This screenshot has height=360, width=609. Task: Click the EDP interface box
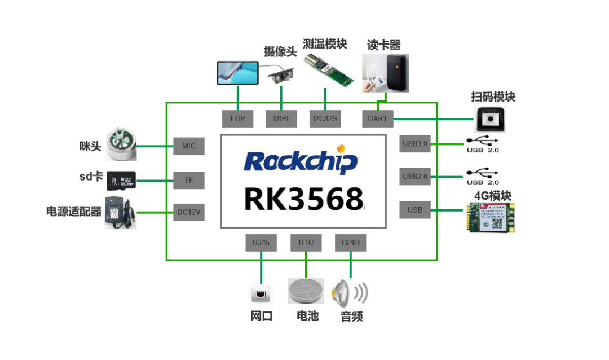(x=237, y=118)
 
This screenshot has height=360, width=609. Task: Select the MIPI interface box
(x=281, y=118)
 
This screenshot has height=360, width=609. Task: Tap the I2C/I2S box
(x=325, y=118)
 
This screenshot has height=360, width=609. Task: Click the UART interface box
(x=377, y=118)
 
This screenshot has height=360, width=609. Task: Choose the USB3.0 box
(x=414, y=144)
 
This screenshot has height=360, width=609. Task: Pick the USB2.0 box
(x=414, y=177)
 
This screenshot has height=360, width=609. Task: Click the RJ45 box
(x=261, y=243)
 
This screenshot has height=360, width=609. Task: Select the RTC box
(x=306, y=243)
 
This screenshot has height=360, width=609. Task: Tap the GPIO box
(x=350, y=243)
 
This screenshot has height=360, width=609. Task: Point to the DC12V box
(x=189, y=213)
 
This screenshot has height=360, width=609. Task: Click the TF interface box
(x=189, y=181)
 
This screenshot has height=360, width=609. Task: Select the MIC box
(x=189, y=146)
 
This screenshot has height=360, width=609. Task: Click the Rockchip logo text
(x=301, y=161)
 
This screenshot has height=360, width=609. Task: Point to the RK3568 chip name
(x=303, y=199)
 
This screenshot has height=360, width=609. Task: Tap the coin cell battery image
(x=306, y=292)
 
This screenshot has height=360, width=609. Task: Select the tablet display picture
(x=238, y=73)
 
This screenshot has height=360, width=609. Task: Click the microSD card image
(x=121, y=180)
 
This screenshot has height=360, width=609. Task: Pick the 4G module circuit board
(x=491, y=217)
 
